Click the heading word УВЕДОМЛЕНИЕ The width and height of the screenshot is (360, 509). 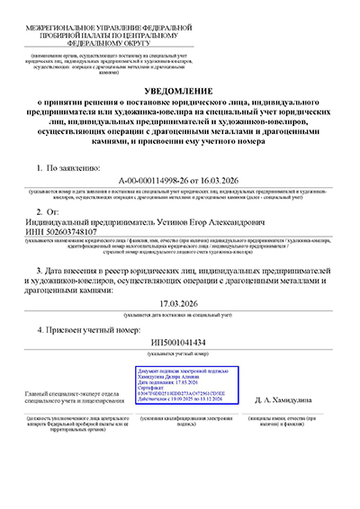(179, 92)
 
